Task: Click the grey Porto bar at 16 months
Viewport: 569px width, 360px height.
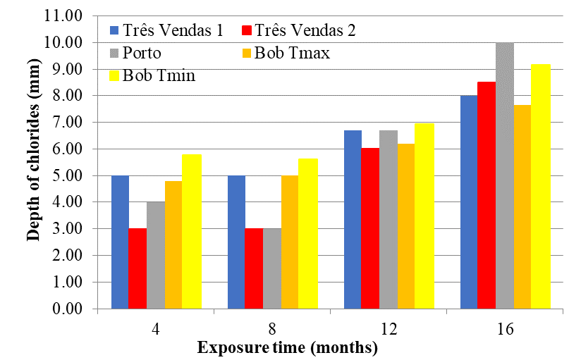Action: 505,176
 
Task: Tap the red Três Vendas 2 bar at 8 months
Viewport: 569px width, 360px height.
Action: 254,268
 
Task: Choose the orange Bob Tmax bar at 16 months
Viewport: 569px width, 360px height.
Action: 522,207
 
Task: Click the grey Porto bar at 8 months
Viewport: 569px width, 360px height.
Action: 272,268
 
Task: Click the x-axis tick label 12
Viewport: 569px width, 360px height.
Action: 388,329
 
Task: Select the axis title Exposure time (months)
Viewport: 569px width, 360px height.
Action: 288,348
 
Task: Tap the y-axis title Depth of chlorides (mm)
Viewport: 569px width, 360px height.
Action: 33,163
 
